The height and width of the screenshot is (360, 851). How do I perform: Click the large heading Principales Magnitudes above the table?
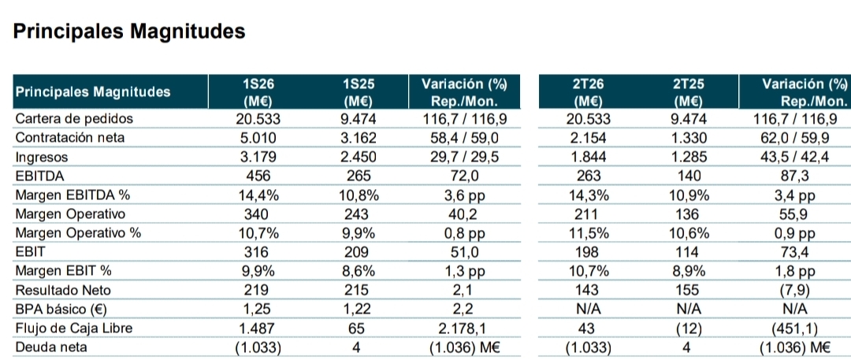point(128,32)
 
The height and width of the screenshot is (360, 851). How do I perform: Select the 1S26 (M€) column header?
point(258,92)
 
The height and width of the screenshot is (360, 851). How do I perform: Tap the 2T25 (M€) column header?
point(688,92)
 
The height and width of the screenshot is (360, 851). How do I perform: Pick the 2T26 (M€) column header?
point(588,92)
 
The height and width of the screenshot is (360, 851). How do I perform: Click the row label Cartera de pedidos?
point(74,119)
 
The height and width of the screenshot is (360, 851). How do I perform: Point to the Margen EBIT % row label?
point(63,271)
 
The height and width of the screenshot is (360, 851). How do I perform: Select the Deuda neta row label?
point(51,347)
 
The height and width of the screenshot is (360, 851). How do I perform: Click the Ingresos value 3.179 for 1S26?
point(258,157)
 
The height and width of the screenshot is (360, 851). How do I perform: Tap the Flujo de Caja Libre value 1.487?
point(258,328)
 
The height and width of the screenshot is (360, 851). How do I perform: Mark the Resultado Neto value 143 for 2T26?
point(588,290)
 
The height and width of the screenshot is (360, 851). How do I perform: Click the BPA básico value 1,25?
point(258,309)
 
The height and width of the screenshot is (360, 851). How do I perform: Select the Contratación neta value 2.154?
point(588,138)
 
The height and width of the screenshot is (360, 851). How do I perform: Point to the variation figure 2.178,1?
point(464,328)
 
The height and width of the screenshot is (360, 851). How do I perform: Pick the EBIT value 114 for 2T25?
point(688,252)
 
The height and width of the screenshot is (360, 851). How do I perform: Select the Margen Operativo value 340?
point(258,214)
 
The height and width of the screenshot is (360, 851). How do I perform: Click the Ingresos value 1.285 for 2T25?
point(688,157)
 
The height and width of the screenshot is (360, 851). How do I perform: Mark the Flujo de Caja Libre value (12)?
point(688,328)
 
